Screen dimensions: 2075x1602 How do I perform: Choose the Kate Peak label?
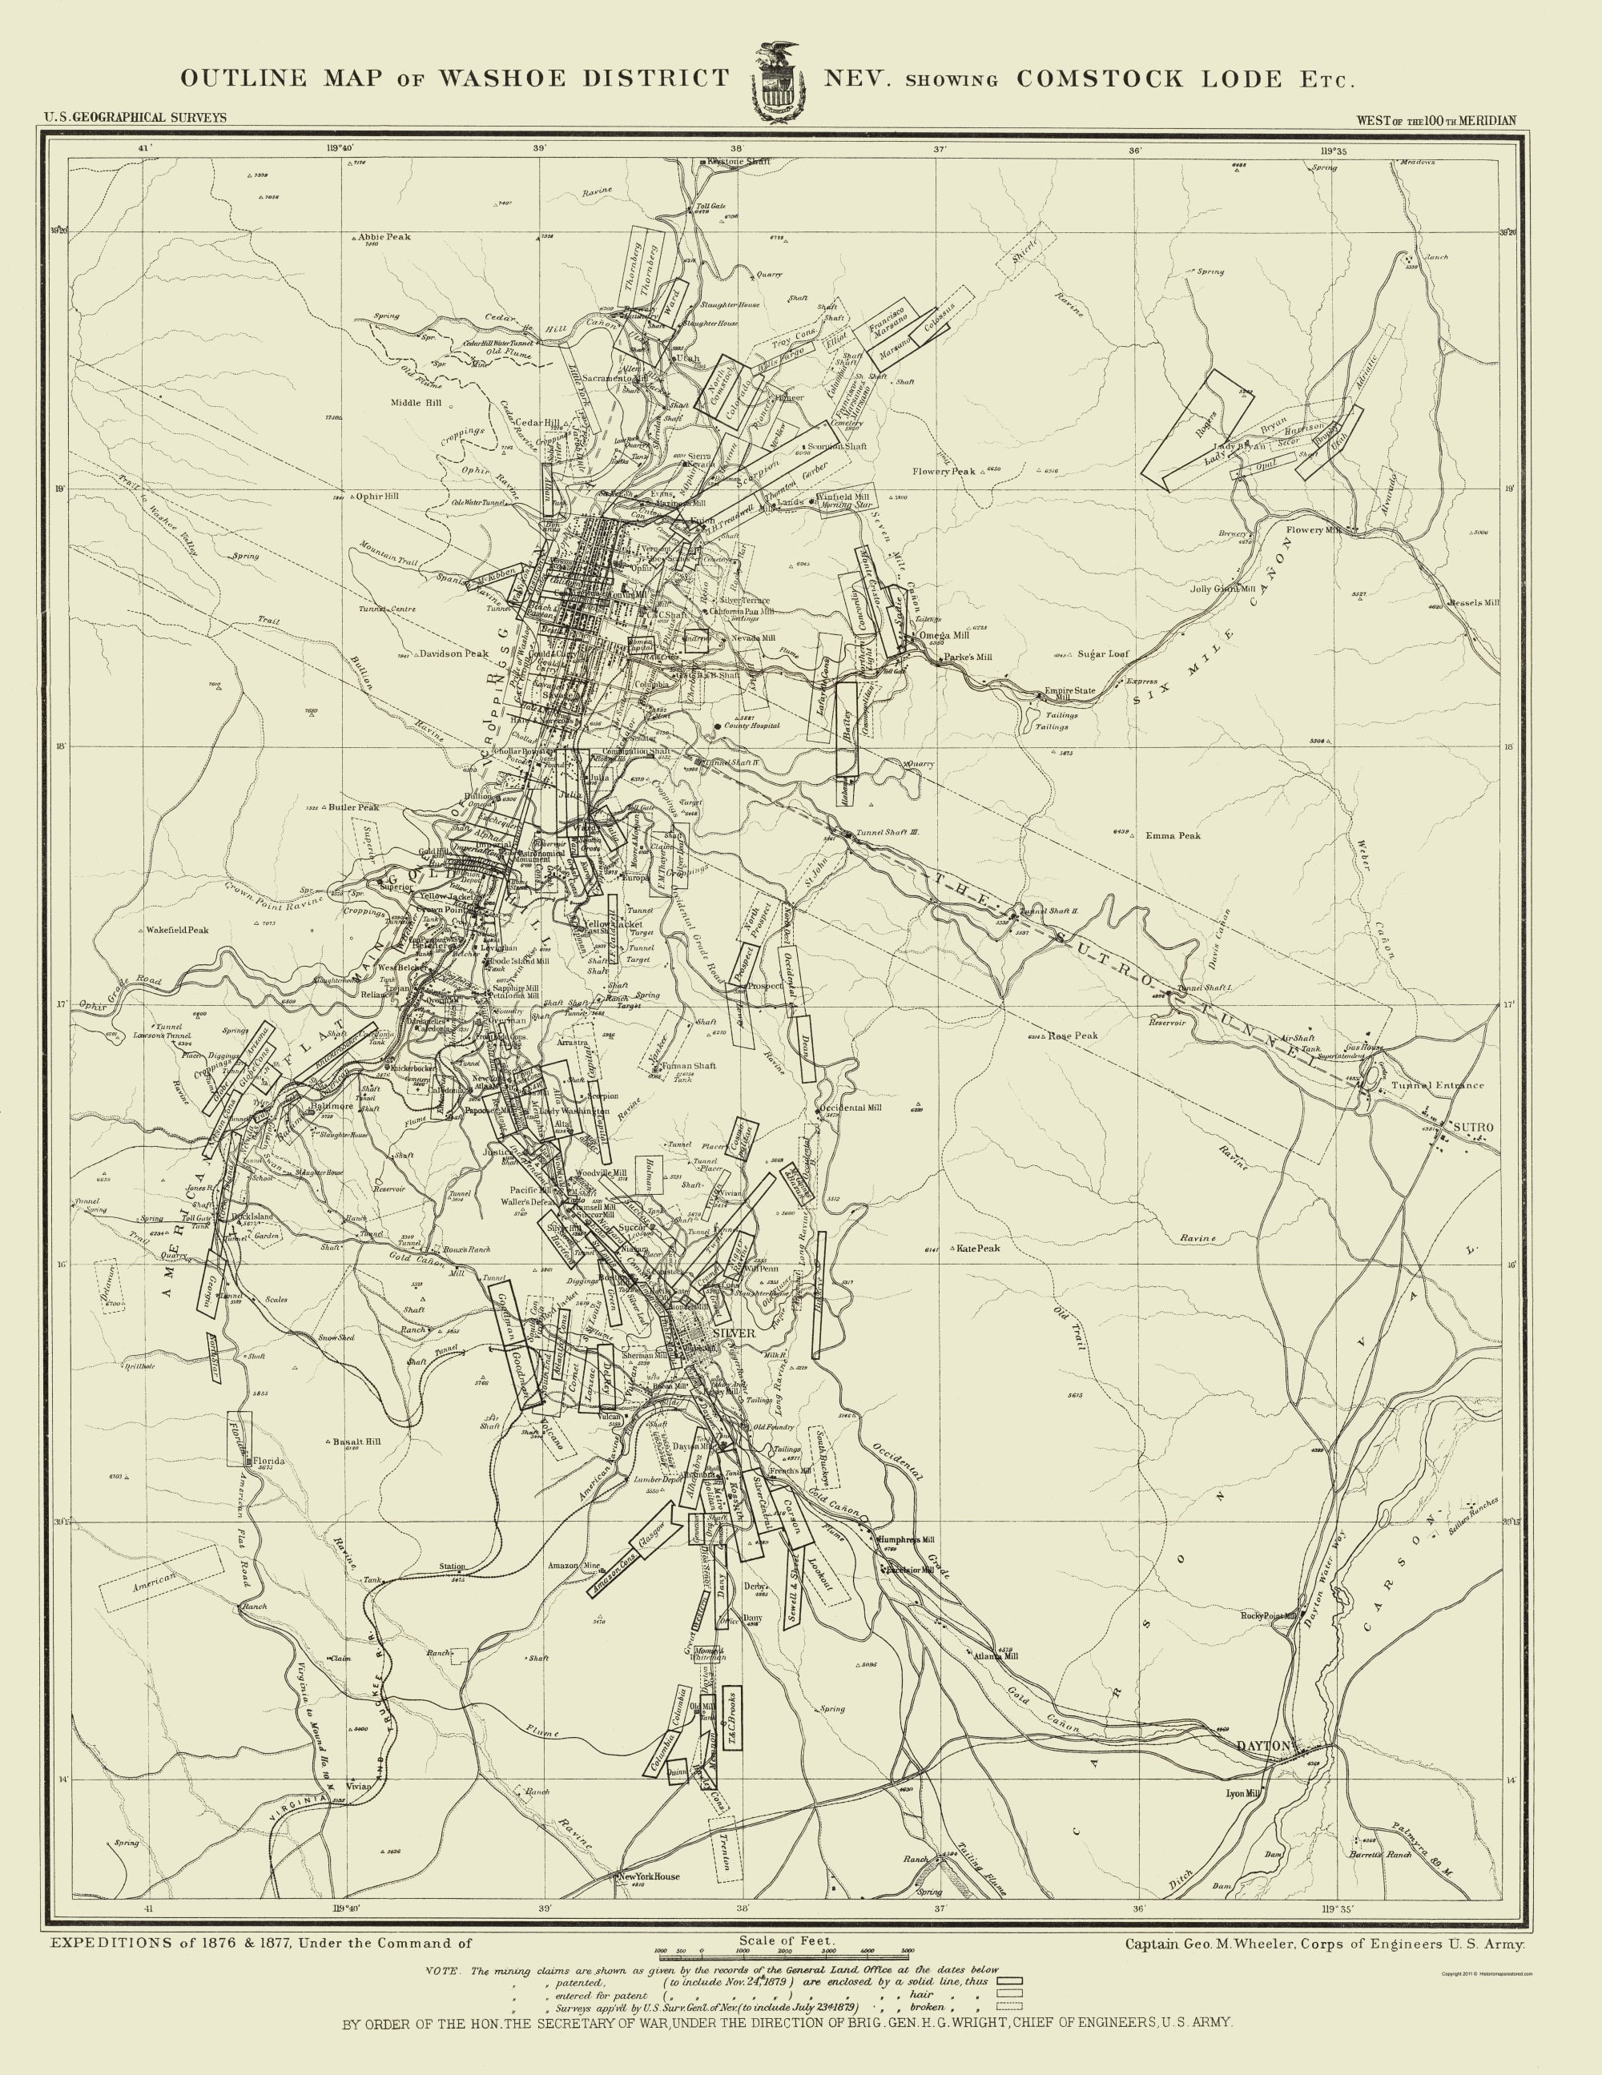pos(979,1249)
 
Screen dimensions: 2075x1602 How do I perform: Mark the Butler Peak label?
pos(353,807)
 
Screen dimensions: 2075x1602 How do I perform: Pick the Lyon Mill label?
pos(1241,1794)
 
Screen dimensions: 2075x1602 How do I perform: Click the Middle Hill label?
pos(417,403)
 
